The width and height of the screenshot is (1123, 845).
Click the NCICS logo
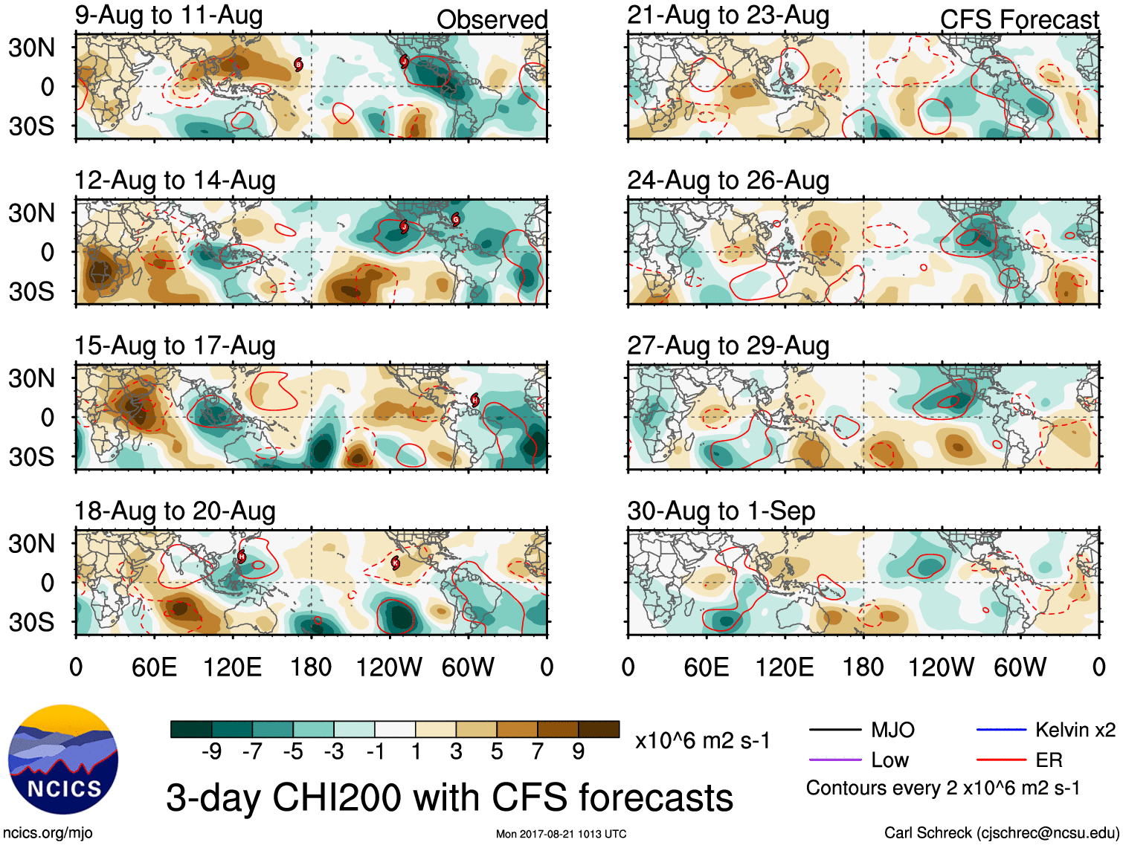pos(63,759)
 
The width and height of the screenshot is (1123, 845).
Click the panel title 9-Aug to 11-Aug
pos(169,15)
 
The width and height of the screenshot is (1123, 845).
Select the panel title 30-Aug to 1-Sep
pos(721,511)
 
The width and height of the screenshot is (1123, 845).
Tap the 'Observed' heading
pos(492,20)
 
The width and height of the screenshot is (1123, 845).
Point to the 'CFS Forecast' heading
pos(1019,20)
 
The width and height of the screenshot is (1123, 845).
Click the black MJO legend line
pos(834,730)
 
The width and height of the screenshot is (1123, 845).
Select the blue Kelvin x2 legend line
pos(1001,730)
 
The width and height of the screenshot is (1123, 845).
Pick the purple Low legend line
pos(834,760)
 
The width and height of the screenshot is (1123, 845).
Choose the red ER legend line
pos(1001,760)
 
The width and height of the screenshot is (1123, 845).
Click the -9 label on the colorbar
pos(211,752)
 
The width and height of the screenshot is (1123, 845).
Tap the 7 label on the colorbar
pos(538,752)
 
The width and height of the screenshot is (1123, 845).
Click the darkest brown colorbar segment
pos(599,729)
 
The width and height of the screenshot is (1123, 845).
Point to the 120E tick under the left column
pos(233,667)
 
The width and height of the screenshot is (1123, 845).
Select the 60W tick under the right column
pos(1020,667)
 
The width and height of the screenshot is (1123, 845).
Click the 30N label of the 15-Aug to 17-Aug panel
pos(32,378)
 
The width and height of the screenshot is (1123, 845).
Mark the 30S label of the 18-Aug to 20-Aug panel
pos(32,621)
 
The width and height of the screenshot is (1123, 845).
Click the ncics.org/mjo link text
pos(48,833)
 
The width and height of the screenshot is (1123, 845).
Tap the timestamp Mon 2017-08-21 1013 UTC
pos(561,834)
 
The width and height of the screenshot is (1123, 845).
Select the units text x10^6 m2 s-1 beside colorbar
pos(702,740)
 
